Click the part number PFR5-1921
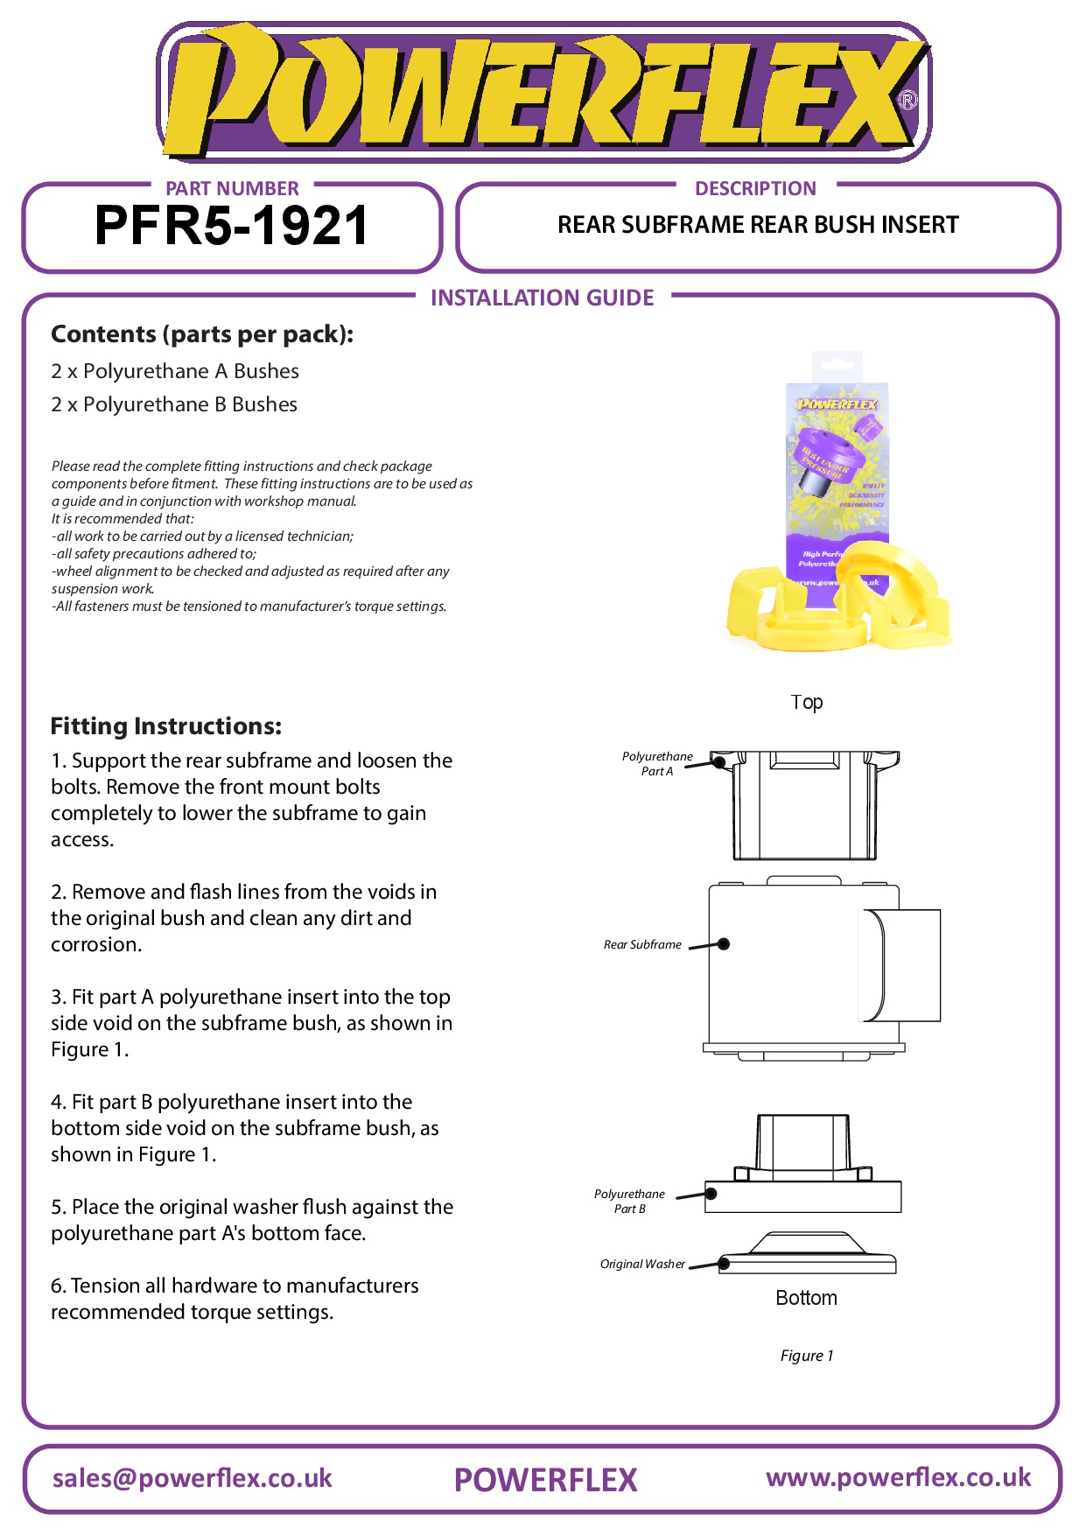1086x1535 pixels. (231, 226)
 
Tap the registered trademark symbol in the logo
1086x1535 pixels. (907, 101)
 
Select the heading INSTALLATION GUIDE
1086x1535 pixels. (542, 298)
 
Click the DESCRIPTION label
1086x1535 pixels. (755, 189)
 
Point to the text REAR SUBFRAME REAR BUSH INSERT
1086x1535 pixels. (758, 225)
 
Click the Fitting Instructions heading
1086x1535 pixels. (166, 726)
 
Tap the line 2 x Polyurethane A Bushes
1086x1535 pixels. (175, 371)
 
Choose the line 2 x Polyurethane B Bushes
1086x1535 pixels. (174, 404)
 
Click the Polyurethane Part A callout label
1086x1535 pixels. (657, 763)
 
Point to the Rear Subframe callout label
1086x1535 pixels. (642, 944)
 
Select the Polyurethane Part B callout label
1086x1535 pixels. (629, 1201)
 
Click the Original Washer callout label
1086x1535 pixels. (642, 1264)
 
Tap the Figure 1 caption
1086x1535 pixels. (807, 1356)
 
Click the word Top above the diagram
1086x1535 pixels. (807, 702)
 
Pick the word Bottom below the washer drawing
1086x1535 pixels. (806, 1298)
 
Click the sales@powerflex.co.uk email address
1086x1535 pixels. (193, 1478)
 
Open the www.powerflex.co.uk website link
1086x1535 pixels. (899, 1477)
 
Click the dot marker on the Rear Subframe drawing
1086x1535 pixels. (724, 943)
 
